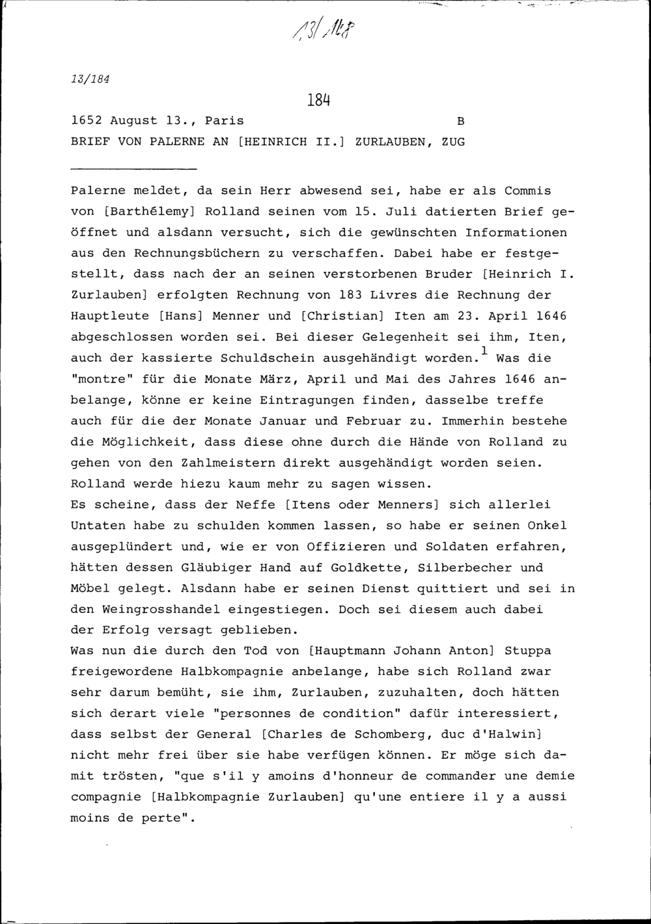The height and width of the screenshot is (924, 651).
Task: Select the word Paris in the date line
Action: tap(224, 121)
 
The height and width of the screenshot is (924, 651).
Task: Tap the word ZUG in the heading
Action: tap(453, 141)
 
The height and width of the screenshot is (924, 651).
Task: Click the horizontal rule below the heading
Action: tap(133, 169)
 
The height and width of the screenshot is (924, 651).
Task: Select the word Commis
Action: tap(527, 191)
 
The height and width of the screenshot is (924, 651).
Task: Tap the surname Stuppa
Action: tap(527, 651)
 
